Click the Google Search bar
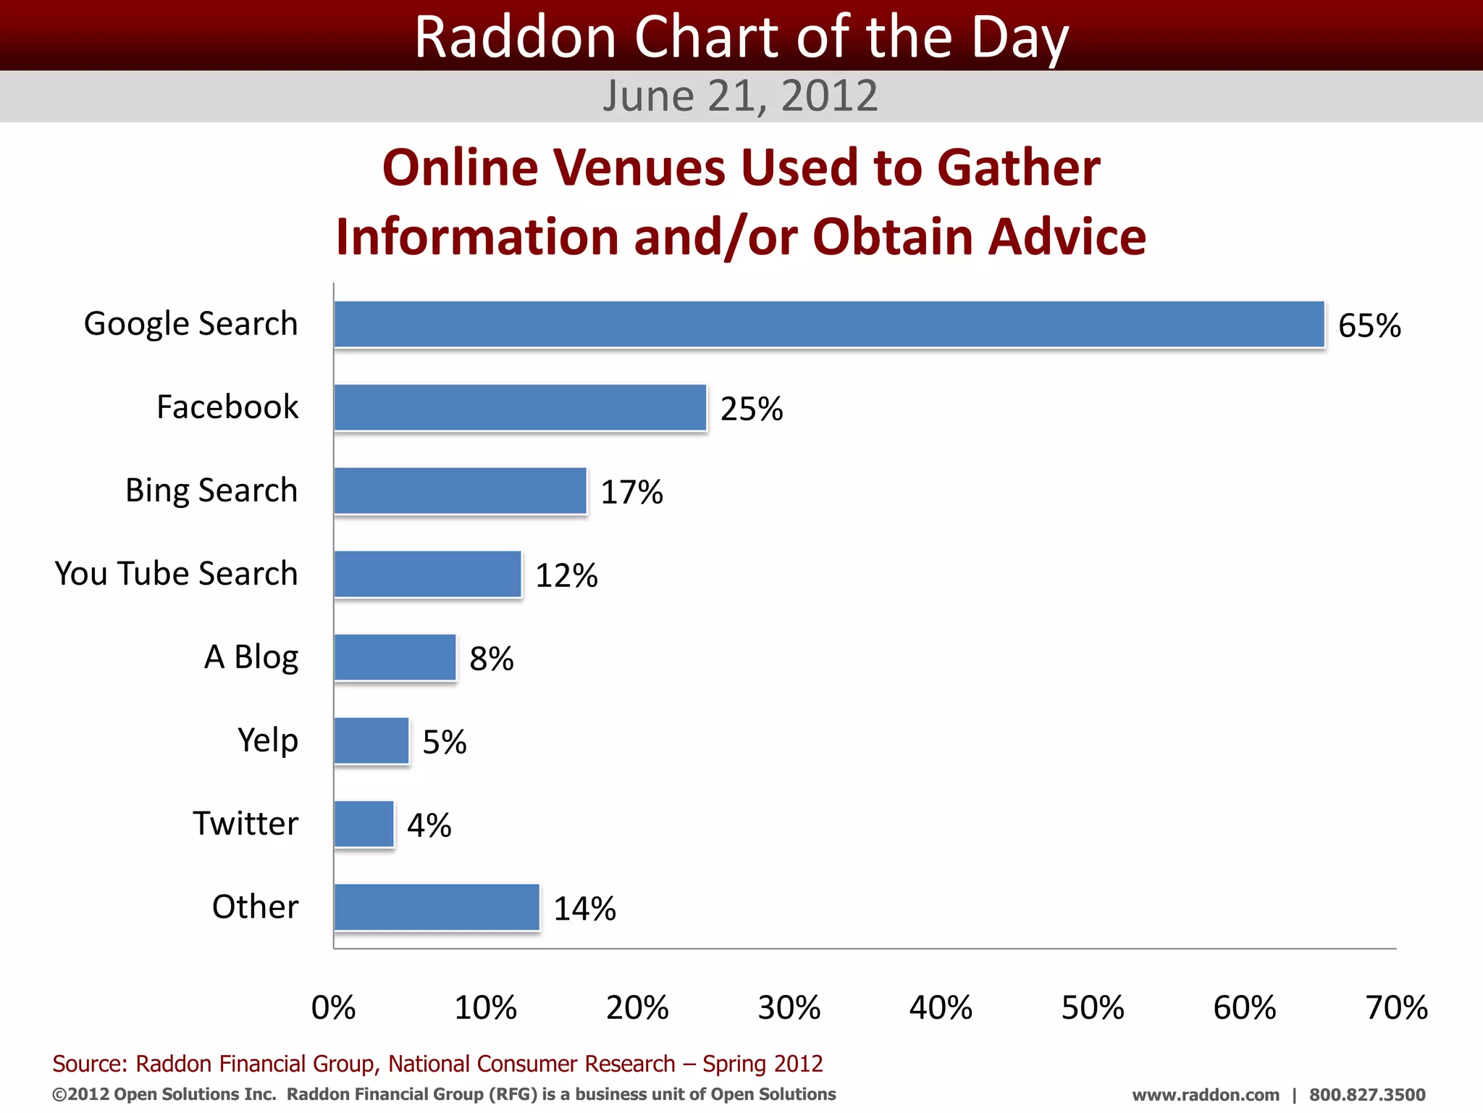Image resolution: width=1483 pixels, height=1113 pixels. point(829,324)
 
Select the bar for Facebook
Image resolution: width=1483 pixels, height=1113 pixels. point(520,407)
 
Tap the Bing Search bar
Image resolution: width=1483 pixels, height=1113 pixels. point(460,491)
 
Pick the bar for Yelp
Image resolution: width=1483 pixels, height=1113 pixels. point(371,741)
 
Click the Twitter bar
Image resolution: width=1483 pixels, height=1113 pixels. point(364,824)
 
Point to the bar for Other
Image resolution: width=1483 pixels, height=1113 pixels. point(437,907)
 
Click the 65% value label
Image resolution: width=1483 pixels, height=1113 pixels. point(1369,325)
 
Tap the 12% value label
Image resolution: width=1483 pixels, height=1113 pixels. point(566,575)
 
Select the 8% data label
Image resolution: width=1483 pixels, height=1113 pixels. point(492,659)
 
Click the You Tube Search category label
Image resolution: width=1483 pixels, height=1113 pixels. point(176,573)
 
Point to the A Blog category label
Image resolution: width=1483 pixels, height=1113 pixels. point(251,657)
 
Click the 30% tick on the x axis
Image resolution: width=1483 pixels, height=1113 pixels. point(789,1008)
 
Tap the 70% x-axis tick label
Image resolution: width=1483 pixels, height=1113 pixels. point(1396,1008)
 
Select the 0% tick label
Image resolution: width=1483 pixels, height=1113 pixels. point(333,1008)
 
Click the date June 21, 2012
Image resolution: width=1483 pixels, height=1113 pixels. point(740,96)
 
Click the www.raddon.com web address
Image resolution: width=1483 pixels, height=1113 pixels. point(1205,1095)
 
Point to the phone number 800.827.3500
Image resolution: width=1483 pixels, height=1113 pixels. point(1366,1095)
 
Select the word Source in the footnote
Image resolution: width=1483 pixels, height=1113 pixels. point(89,1064)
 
